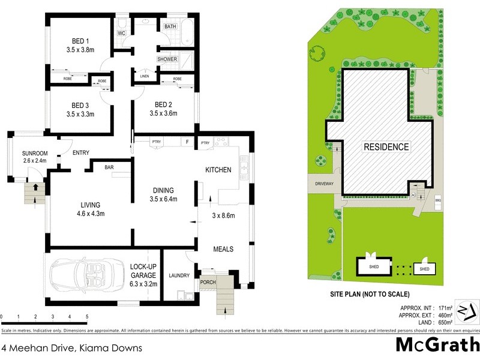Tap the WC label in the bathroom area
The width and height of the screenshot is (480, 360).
pos(122,34)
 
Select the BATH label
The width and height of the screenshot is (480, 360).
pos(170,26)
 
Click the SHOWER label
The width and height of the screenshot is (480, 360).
pos(167,59)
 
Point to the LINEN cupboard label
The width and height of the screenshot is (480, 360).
pos(144,76)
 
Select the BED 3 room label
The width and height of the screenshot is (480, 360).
pos(80,103)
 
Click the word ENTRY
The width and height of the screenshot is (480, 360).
pos(81,153)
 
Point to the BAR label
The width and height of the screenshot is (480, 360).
pos(110,167)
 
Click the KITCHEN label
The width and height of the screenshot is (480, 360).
pos(218,170)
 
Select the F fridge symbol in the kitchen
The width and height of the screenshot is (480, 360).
pos(187,142)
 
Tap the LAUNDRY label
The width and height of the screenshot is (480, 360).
pos(179,275)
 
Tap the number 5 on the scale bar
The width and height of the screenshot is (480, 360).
pos(87,316)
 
